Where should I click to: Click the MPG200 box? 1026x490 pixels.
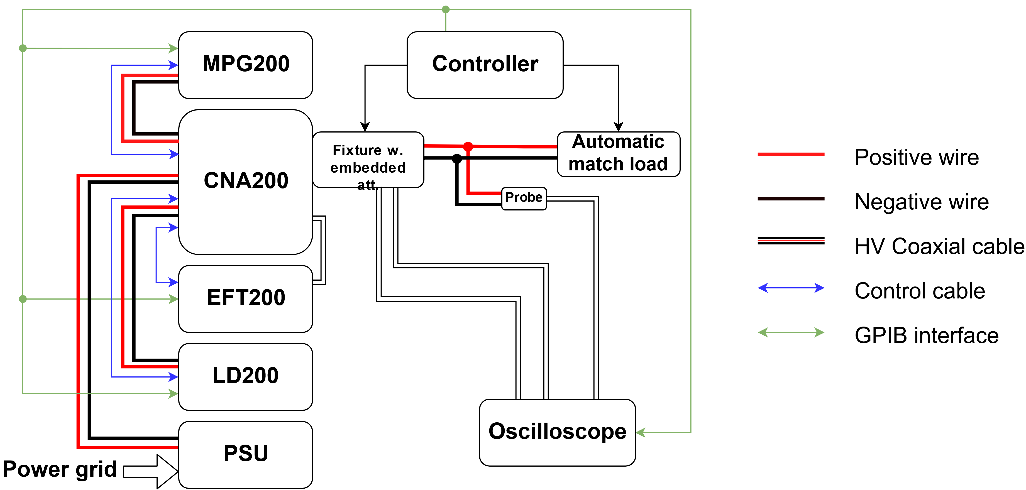(245, 65)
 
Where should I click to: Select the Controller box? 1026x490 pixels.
(485, 65)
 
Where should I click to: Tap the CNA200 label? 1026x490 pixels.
(246, 180)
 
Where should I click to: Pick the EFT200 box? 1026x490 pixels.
(245, 298)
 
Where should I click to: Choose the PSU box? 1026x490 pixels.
(245, 454)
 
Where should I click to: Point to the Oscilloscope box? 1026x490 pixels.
(557, 432)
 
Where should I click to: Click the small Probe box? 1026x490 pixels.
(524, 198)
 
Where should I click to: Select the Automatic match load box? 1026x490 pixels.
(618, 154)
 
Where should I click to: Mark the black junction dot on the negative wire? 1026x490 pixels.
(457, 159)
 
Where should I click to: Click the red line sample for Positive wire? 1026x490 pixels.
(791, 154)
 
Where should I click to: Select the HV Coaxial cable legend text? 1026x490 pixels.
(939, 246)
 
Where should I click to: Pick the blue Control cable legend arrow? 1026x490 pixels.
(791, 288)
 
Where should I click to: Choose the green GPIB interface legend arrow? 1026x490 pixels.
(791, 332)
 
